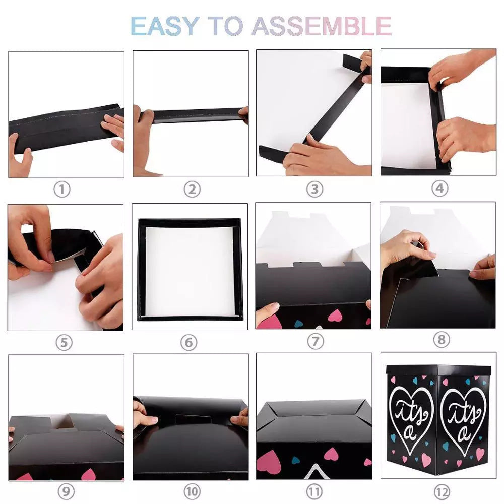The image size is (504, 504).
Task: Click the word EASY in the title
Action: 165,26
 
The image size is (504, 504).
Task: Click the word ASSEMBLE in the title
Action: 322,26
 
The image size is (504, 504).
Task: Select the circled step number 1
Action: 62,190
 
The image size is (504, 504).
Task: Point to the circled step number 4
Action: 439,188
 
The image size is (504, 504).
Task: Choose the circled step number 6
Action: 188,342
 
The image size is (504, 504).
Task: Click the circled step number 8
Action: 442,339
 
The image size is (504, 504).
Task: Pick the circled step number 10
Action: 192,491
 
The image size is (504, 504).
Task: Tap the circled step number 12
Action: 442,492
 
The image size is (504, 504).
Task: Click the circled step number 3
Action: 314,190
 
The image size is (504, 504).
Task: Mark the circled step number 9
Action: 66,491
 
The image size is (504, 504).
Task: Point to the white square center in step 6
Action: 190,271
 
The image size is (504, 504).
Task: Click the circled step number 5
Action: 64,342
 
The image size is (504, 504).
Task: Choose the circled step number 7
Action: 316,341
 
